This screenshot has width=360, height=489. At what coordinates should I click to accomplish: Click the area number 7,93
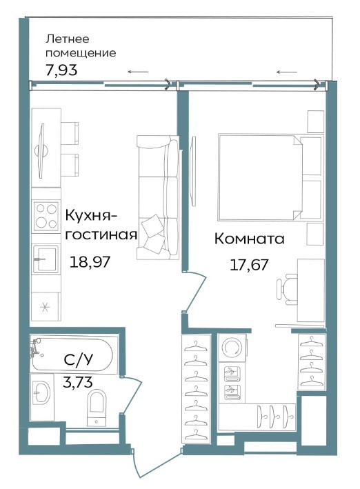(61, 70)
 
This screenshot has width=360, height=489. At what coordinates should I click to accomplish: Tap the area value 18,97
(90, 261)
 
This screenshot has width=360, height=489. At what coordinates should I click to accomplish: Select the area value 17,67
(249, 265)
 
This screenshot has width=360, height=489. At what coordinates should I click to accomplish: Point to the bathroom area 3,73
(78, 381)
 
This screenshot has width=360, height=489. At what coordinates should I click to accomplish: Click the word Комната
(249, 239)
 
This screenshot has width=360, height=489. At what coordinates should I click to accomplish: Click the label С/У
(79, 360)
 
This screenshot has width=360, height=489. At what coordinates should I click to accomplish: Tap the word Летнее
(68, 39)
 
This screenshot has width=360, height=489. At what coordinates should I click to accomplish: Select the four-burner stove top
(46, 216)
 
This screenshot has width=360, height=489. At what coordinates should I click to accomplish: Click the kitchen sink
(46, 259)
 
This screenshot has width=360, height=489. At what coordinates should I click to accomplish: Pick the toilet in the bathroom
(97, 408)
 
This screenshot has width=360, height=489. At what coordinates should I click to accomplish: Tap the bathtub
(72, 355)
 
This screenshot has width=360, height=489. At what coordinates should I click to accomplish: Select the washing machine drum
(232, 348)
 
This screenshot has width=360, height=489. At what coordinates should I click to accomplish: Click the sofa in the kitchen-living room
(158, 197)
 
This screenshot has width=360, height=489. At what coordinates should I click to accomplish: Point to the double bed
(271, 177)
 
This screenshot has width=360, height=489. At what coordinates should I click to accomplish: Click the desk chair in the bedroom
(287, 290)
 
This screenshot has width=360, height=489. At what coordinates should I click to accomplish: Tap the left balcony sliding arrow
(138, 72)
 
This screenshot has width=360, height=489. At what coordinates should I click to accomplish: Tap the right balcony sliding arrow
(287, 72)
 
